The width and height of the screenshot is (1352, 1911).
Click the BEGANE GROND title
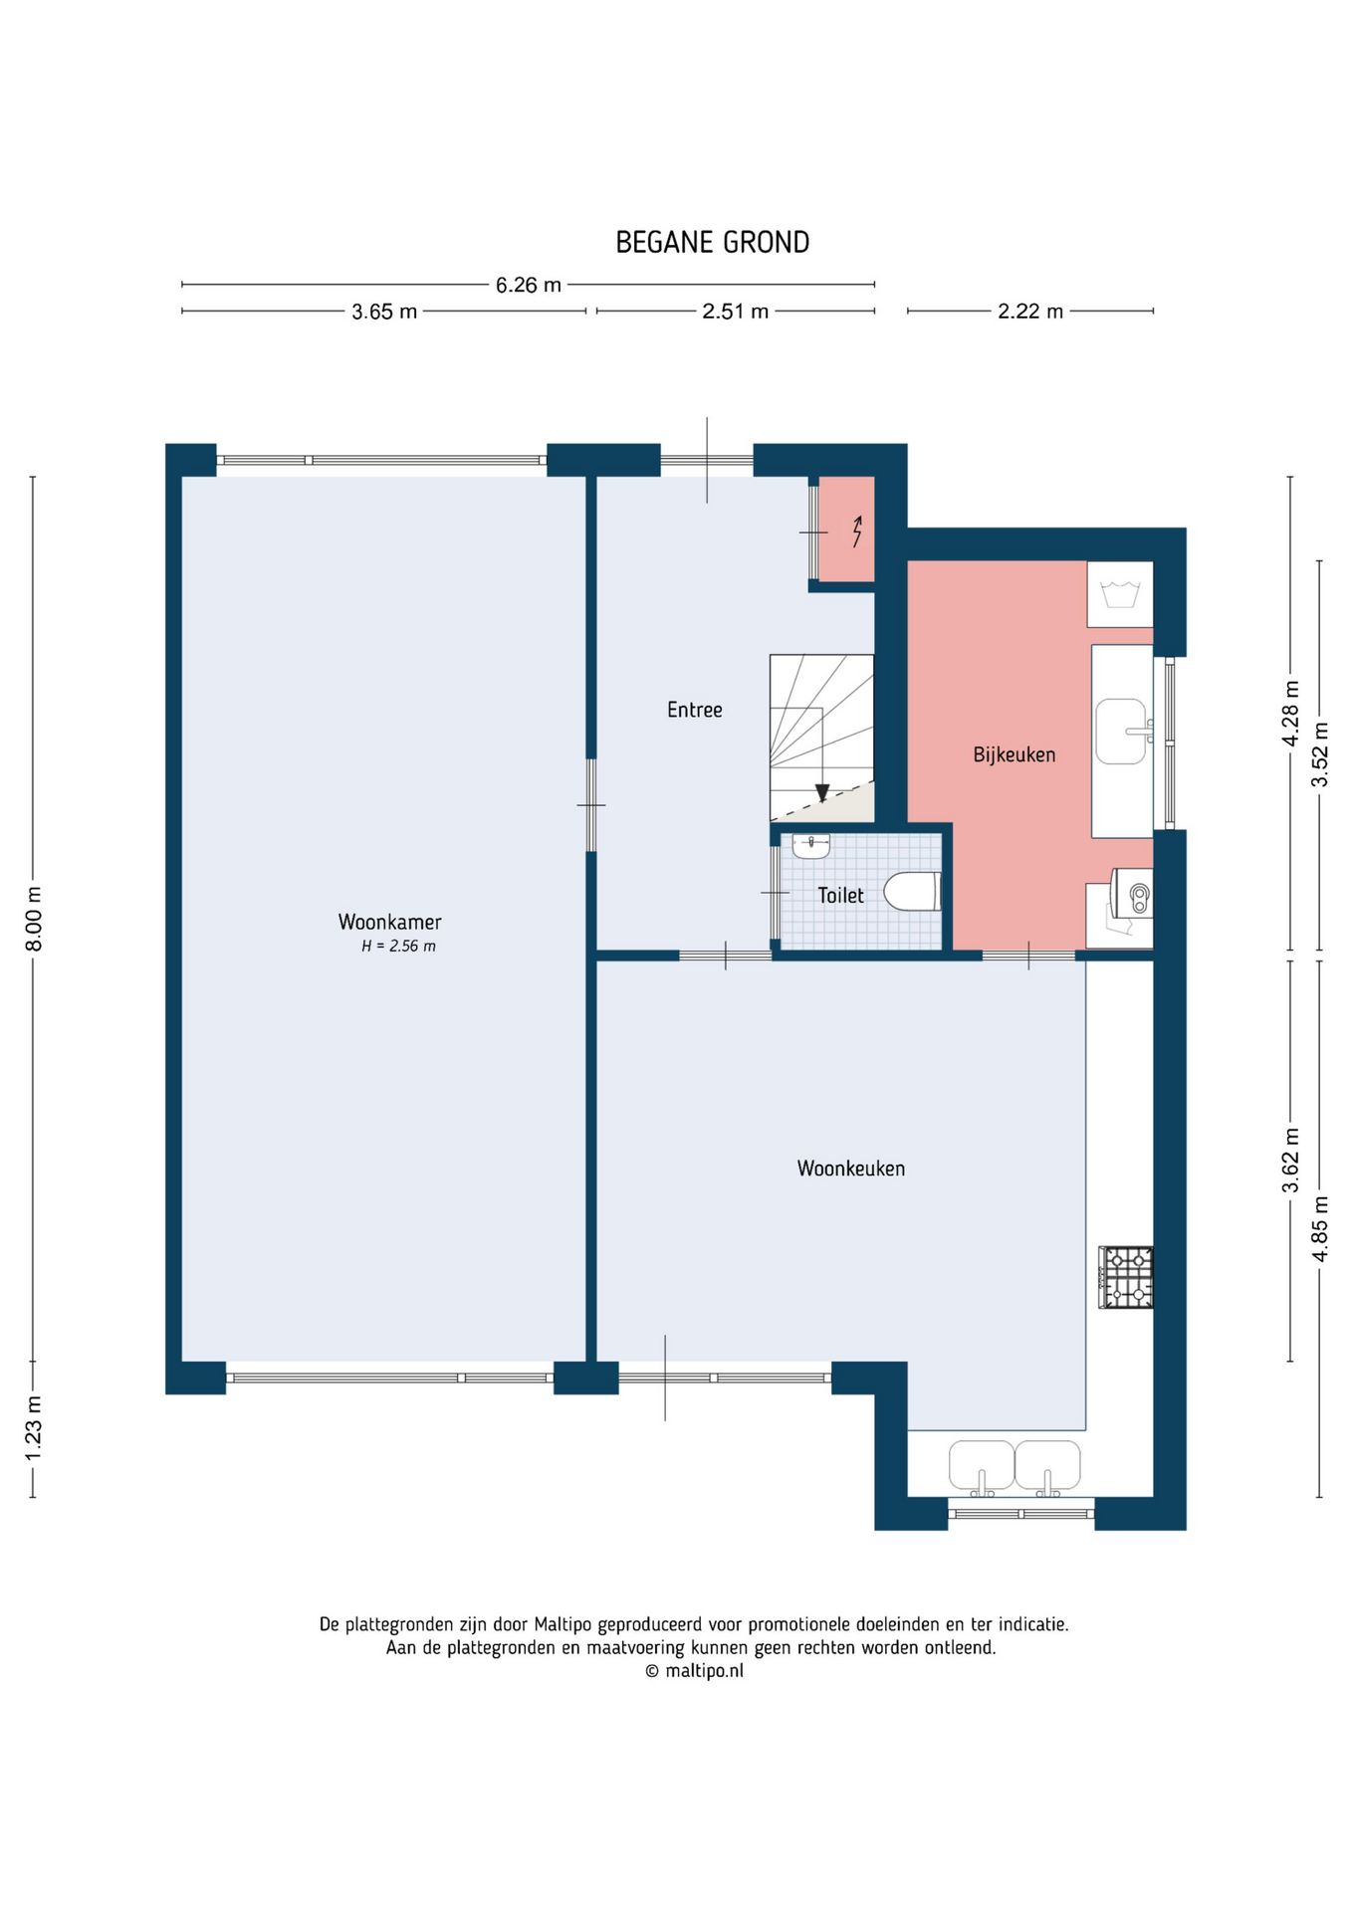(x=712, y=242)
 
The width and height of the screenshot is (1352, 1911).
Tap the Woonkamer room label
(x=389, y=922)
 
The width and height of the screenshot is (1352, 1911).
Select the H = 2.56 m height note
(x=398, y=947)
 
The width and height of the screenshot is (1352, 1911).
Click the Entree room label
(x=695, y=710)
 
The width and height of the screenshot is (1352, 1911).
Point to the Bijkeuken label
(x=1014, y=754)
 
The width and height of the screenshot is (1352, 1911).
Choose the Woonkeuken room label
(x=851, y=1168)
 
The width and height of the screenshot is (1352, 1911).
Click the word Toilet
(x=841, y=895)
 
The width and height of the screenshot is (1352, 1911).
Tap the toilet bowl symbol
(x=912, y=892)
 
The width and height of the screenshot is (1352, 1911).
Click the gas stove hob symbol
(x=1126, y=1277)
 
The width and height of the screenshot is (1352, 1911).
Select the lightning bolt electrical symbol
(x=857, y=531)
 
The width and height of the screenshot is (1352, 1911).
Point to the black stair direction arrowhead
(x=822, y=792)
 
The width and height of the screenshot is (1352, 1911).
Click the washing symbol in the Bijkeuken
(x=1120, y=595)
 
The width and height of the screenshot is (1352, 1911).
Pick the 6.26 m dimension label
(x=529, y=285)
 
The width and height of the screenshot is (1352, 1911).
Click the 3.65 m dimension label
(x=384, y=312)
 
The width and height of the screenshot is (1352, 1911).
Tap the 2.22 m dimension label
(x=1030, y=312)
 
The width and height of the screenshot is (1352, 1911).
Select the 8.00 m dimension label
(x=34, y=918)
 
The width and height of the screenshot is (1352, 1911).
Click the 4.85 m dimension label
(x=1320, y=1228)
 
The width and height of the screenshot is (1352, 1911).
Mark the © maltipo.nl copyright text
(x=694, y=1671)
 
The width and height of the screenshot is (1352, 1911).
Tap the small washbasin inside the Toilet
(x=810, y=846)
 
